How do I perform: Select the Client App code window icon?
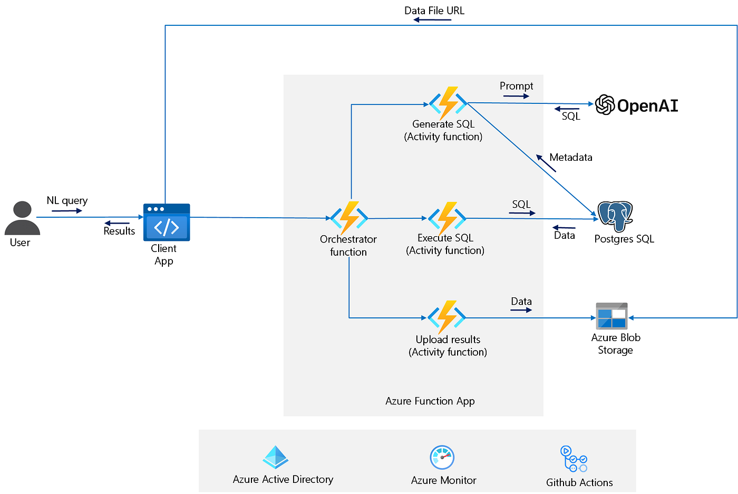(167, 222)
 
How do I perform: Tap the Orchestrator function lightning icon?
(349, 218)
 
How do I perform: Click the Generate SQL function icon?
(448, 103)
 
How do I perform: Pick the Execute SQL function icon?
(447, 218)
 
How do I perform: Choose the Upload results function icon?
(446, 317)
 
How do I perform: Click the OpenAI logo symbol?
(605, 105)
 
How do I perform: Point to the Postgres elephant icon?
(615, 216)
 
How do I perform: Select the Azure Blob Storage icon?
(611, 316)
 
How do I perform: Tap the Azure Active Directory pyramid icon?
(275, 457)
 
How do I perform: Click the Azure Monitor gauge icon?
(442, 458)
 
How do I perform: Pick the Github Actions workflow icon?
(574, 459)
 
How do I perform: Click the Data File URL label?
(434, 11)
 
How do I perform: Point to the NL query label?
(67, 200)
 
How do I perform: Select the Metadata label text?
(570, 157)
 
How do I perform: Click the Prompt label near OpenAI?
(516, 86)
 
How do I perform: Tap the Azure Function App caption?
(430, 401)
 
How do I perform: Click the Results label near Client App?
(119, 231)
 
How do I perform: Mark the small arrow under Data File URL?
(432, 20)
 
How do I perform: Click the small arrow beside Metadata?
(546, 163)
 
